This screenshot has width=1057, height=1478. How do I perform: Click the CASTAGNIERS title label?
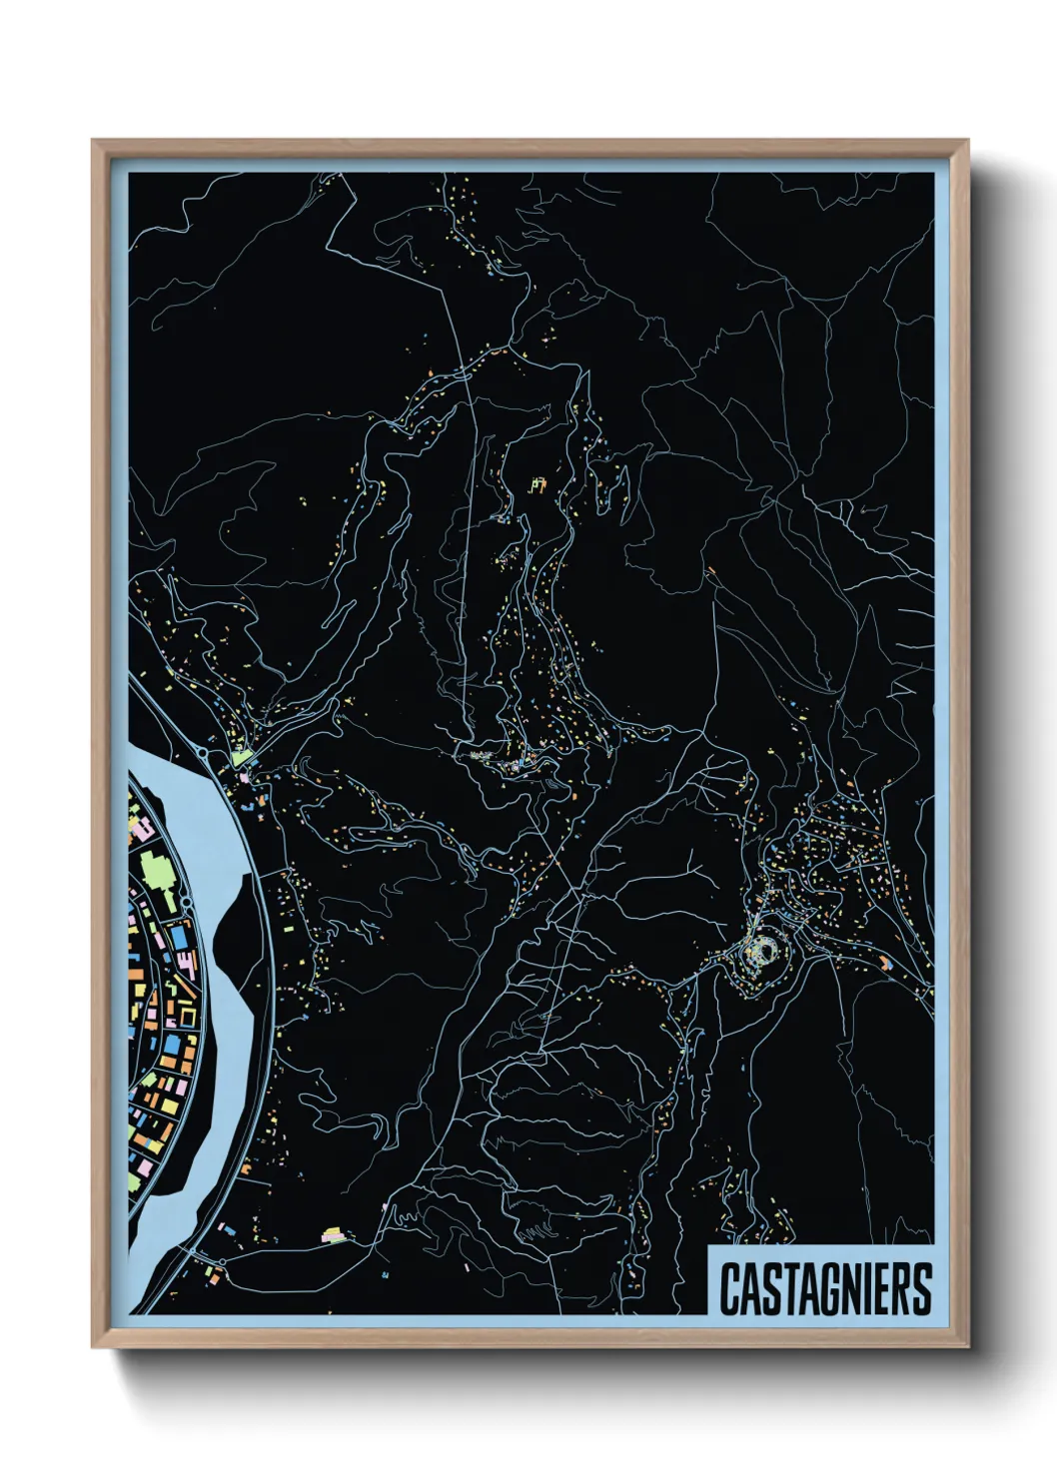825,1288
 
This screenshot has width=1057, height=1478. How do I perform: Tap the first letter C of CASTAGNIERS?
730,1289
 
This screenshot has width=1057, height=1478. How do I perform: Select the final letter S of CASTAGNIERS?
921,1289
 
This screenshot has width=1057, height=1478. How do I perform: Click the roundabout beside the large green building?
186,904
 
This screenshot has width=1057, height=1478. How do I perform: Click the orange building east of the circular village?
884,964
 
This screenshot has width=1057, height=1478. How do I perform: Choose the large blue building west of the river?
180,939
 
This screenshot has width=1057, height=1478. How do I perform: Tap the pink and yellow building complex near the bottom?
335,1236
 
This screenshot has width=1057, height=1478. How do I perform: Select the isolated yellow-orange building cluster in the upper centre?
536,486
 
